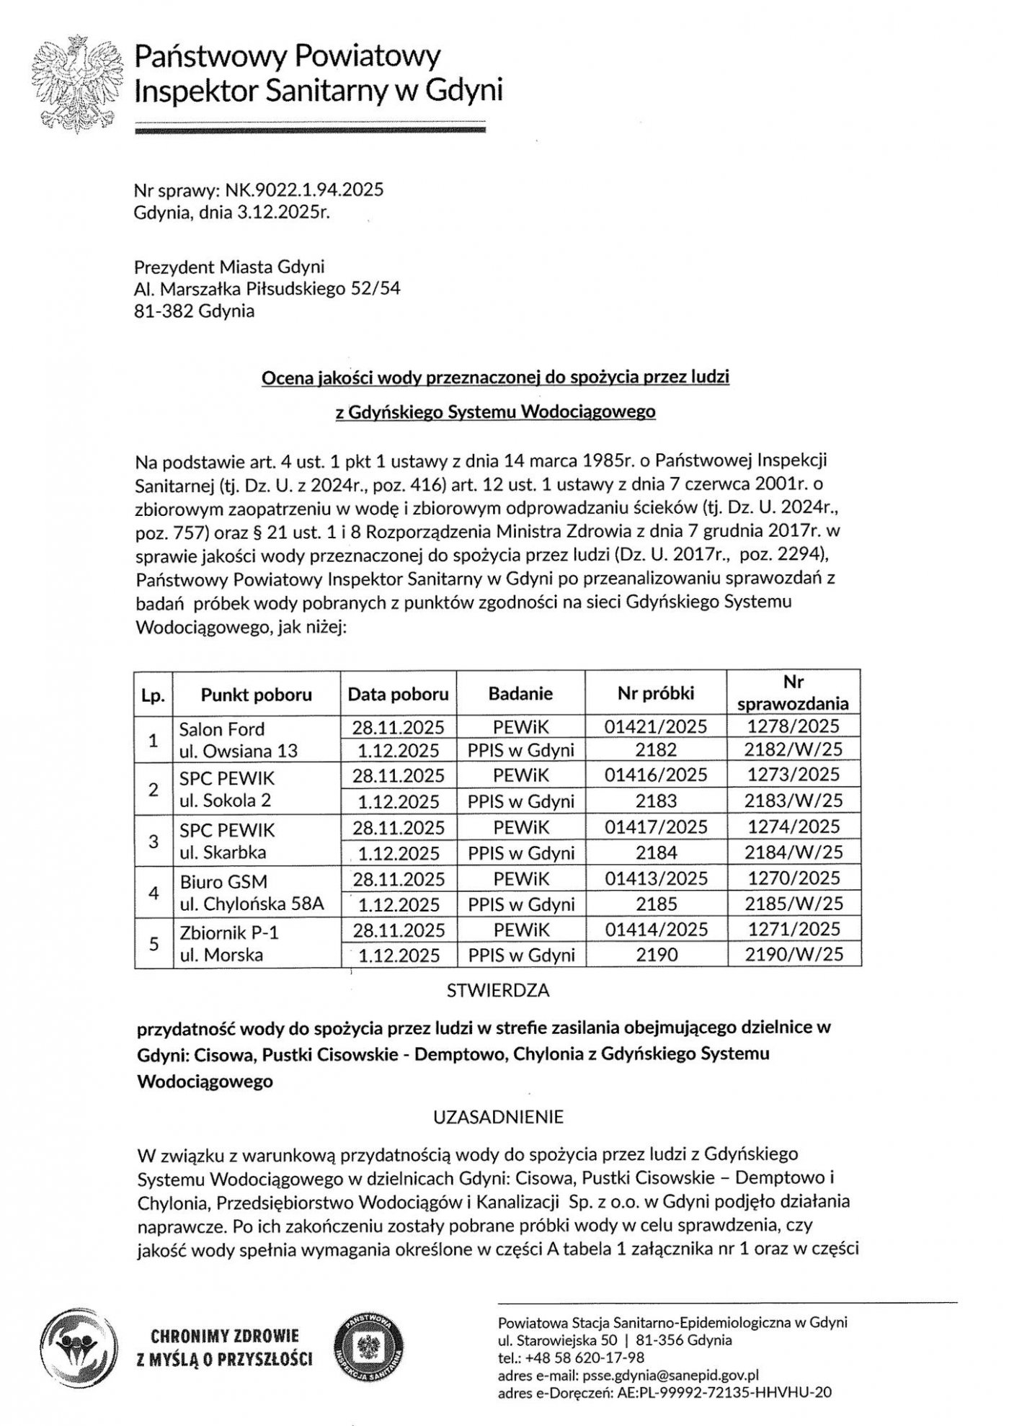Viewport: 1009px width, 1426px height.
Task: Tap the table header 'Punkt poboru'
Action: coord(256,695)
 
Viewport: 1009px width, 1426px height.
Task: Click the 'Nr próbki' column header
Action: coord(656,693)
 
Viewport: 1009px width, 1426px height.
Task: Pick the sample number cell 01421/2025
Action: coord(656,726)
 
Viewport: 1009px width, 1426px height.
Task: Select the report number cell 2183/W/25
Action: coord(794,801)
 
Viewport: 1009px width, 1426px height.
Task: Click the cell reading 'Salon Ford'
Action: coord(222,728)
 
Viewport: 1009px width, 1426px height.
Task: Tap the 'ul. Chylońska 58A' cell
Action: coord(252,904)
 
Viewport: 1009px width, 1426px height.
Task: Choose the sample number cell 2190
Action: coord(657,955)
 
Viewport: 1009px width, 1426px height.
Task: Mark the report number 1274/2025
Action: coord(794,826)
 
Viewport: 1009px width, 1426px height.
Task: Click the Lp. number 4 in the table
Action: coord(153,892)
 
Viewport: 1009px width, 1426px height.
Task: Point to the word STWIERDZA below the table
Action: coord(498,991)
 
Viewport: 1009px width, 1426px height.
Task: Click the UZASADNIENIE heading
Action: coord(498,1118)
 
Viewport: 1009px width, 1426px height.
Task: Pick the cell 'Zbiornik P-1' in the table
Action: coord(228,932)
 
